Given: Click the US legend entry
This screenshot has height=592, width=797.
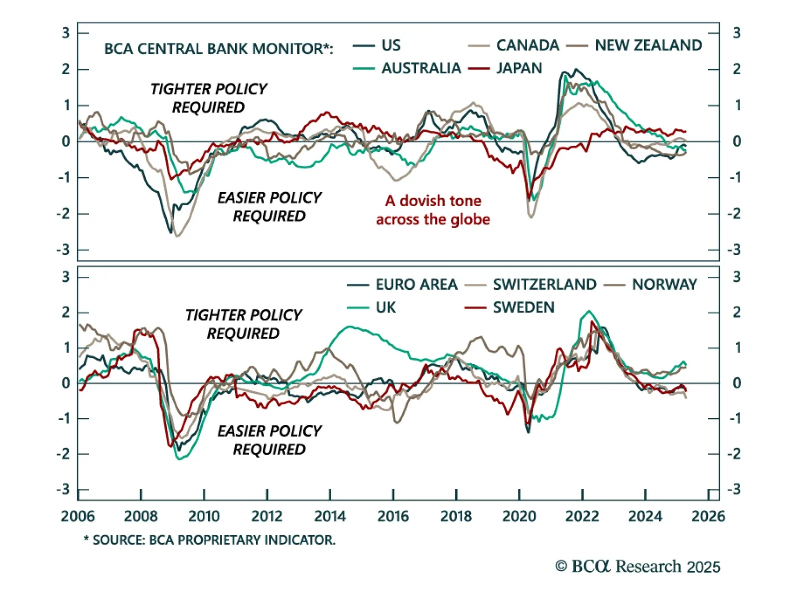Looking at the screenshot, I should [391, 45].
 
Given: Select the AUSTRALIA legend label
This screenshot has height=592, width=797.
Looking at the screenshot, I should [421, 68].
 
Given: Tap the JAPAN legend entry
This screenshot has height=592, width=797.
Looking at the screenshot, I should [519, 68].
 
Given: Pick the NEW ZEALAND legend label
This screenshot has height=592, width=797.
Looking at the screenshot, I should [648, 45].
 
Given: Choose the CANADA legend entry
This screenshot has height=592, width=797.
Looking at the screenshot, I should [528, 45].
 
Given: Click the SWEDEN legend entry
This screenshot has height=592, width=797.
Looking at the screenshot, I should [523, 308].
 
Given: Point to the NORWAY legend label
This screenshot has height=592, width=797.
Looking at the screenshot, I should [664, 285].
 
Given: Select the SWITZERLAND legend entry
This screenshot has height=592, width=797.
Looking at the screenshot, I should [544, 285].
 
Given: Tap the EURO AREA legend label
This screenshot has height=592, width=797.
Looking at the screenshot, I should [416, 285].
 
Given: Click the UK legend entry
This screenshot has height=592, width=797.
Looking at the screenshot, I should [386, 308].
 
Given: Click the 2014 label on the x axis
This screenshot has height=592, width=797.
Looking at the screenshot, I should [330, 516].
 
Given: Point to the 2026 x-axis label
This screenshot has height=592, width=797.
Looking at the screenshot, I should [708, 516].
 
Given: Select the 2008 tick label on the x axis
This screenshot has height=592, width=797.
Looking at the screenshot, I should [140, 516].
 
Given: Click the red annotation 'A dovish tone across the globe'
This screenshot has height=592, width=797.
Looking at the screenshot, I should [433, 210].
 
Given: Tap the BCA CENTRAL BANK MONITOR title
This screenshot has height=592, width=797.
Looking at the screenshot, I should [218, 49].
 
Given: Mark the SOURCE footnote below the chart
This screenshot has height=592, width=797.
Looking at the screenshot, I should [210, 540].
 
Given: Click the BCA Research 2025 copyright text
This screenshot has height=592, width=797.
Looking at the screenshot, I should [638, 567].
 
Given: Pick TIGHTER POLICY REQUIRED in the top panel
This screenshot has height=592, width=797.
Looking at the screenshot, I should [208, 98].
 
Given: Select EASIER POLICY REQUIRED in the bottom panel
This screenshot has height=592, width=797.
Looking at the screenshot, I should [269, 440].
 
